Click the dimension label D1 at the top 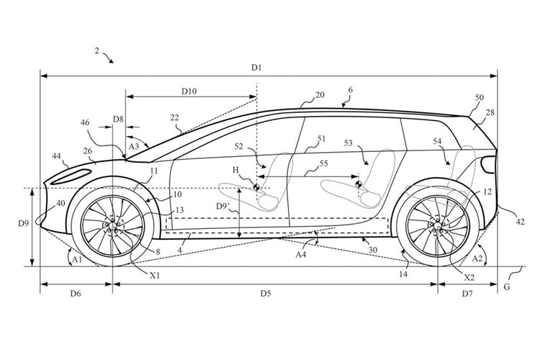click(256, 67)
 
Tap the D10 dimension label click(189, 91)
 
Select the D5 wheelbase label click(266, 293)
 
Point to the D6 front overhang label click(75, 294)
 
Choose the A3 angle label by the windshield click(134, 146)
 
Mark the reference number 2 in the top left click(96, 51)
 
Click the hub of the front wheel click(112, 227)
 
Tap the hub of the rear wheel click(437, 226)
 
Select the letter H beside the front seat click(236, 171)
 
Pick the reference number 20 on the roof click(319, 95)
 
